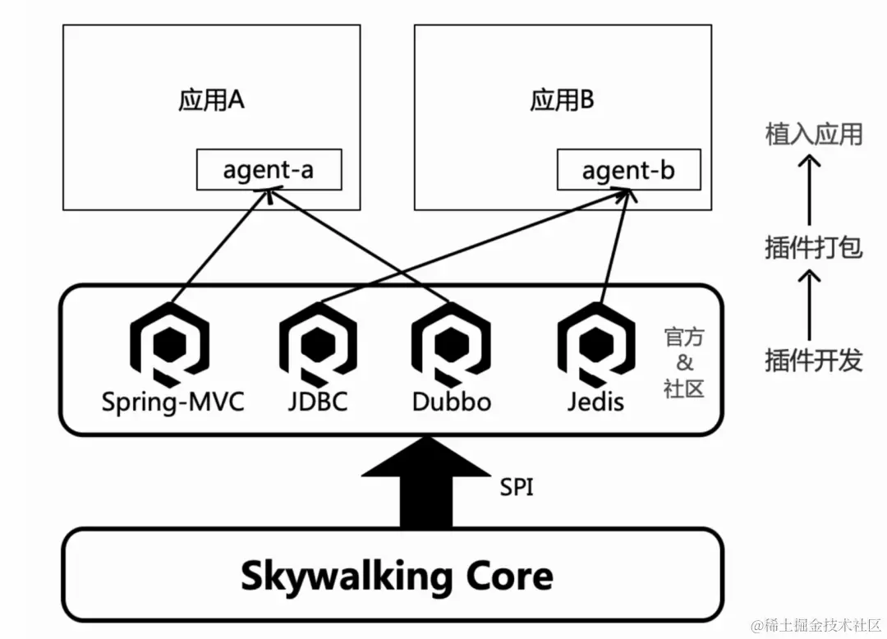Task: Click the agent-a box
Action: pyautogui.click(x=269, y=170)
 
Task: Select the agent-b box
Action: pyautogui.click(x=628, y=170)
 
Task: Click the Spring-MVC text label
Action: pyautogui.click(x=172, y=402)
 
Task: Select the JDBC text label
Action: pyautogui.click(x=318, y=402)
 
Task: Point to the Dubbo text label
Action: pyautogui.click(x=451, y=402)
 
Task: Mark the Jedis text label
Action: pyautogui.click(x=595, y=402)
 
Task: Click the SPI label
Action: pyautogui.click(x=517, y=487)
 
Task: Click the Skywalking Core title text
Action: pyautogui.click(x=397, y=577)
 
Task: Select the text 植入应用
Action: pyautogui.click(x=813, y=134)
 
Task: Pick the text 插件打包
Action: pyautogui.click(x=813, y=246)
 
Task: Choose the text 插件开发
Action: pyautogui.click(x=813, y=360)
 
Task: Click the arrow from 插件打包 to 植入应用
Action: pyautogui.click(x=811, y=191)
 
